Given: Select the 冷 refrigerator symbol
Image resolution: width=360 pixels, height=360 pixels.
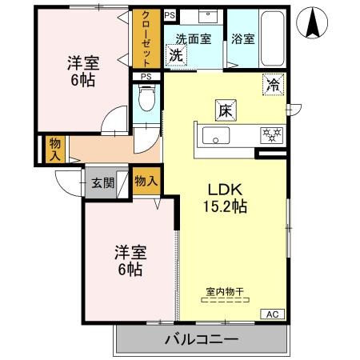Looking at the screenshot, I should pyautogui.click(x=272, y=82).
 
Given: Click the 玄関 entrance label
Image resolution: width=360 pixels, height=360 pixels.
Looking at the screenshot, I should pyautogui.click(x=102, y=182).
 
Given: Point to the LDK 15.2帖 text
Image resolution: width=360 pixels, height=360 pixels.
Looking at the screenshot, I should pyautogui.click(x=226, y=198).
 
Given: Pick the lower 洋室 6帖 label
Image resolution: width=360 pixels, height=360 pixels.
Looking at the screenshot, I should pyautogui.click(x=126, y=260).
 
